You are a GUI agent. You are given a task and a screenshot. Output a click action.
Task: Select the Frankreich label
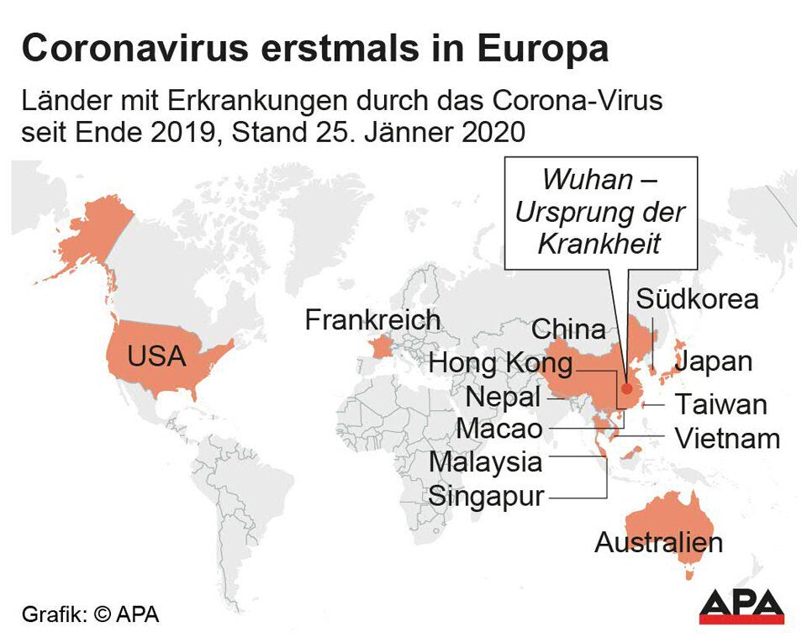(x=372, y=320)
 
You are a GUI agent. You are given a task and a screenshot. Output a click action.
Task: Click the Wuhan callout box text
(x=600, y=211)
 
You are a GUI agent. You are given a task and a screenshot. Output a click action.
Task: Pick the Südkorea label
(x=697, y=299)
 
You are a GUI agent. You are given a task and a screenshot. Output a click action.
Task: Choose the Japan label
(x=714, y=361)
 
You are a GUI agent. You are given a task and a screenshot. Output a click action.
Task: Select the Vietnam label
(x=727, y=439)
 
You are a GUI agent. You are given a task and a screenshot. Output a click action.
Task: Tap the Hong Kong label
(x=501, y=364)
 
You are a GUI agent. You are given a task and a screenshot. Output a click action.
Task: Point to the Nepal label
(x=503, y=396)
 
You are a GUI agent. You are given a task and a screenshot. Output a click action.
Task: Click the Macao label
(x=499, y=429)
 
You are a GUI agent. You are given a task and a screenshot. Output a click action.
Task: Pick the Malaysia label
(x=486, y=461)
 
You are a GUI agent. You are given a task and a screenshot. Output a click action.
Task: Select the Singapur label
(x=487, y=496)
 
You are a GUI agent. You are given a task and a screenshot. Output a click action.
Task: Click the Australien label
(x=658, y=542)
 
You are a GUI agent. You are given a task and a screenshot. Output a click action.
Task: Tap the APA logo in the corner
(x=741, y=606)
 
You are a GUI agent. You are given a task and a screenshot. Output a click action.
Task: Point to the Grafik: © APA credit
(x=90, y=614)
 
